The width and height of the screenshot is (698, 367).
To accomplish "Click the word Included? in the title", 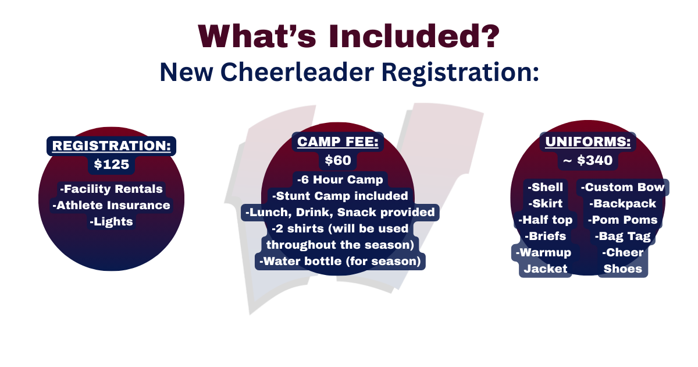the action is [414, 37].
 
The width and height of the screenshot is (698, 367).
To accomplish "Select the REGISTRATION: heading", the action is [112, 146].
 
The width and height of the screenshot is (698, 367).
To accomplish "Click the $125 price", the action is [112, 164].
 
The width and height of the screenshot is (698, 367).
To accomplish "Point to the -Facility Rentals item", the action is [112, 189].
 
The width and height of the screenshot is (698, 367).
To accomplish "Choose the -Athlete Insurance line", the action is [112, 205].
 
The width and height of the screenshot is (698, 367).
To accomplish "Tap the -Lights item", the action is [112, 221].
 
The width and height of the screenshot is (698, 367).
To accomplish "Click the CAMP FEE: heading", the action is [338, 142].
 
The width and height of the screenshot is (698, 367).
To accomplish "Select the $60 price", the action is [338, 160].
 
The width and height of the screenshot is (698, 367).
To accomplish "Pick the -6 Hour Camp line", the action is [340, 179].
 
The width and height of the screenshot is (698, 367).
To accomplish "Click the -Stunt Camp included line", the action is [340, 196].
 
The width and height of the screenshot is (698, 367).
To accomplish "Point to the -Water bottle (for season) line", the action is [340, 261].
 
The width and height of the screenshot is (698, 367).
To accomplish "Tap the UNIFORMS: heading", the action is [588, 142].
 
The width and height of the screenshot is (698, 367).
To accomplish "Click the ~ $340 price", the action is [588, 160].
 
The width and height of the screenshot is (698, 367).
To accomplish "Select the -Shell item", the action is [546, 187].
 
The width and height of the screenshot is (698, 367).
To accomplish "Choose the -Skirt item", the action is [546, 203].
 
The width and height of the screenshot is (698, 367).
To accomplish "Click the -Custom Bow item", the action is [622, 187].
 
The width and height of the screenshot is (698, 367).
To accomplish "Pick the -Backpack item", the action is [622, 203].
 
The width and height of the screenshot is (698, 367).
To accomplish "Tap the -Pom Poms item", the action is [622, 220].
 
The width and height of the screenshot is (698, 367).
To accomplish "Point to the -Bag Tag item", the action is [622, 237].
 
